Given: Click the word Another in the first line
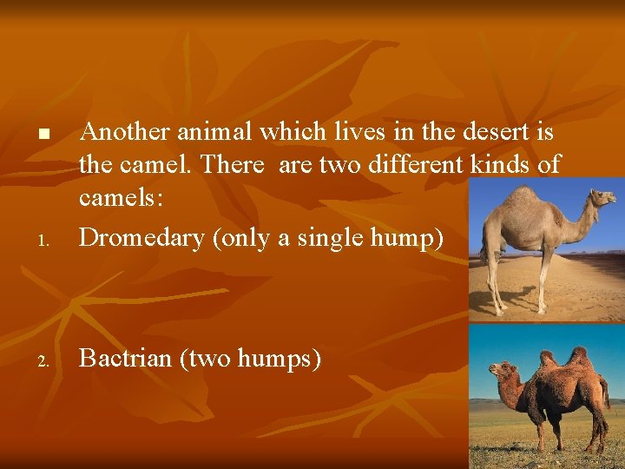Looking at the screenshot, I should click(x=124, y=133).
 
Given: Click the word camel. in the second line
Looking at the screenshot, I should click(x=161, y=163).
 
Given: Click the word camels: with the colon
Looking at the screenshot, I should click(x=121, y=197).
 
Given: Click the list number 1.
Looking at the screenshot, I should click(x=43, y=240).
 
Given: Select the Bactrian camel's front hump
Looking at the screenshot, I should click(x=547, y=357).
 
